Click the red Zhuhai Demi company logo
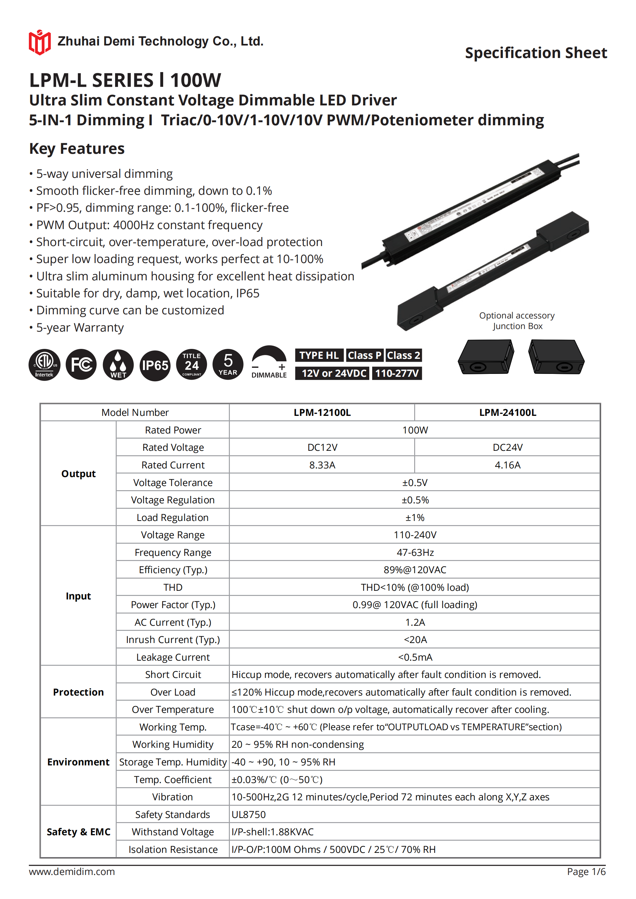click(x=39, y=42)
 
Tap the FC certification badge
click(x=81, y=365)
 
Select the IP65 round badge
click(x=155, y=365)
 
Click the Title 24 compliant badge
click(x=192, y=365)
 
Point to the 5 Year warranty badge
click(x=228, y=365)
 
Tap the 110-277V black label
click(x=397, y=373)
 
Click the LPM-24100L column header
click(x=507, y=412)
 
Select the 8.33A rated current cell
click(x=322, y=465)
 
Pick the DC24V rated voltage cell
click(x=507, y=447)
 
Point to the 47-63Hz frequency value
click(x=415, y=552)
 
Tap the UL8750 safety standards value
click(x=248, y=814)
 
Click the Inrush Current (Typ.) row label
click(x=173, y=639)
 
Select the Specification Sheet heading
click(x=536, y=53)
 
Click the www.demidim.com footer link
click(x=72, y=871)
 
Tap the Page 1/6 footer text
click(x=586, y=871)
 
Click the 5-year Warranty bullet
click(x=79, y=327)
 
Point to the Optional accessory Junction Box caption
click(x=517, y=321)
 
